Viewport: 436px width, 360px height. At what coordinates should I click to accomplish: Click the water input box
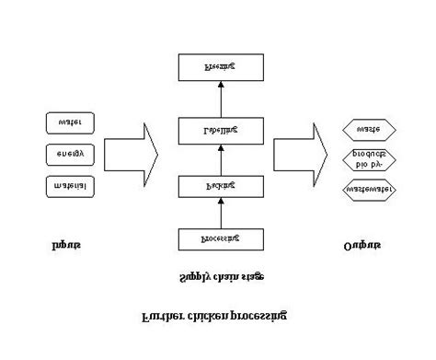coord(69,121)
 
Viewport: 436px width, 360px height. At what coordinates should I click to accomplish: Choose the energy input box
coord(69,154)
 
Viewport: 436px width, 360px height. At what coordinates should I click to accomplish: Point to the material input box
coord(69,186)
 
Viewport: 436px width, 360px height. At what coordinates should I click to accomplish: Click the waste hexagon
coord(369,129)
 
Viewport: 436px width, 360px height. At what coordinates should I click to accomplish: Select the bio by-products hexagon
coord(369,159)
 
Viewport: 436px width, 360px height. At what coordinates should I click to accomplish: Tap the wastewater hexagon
coord(369,191)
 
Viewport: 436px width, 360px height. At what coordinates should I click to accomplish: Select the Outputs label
coord(361,246)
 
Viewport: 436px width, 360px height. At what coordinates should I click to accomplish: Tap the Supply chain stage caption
coord(219,277)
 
